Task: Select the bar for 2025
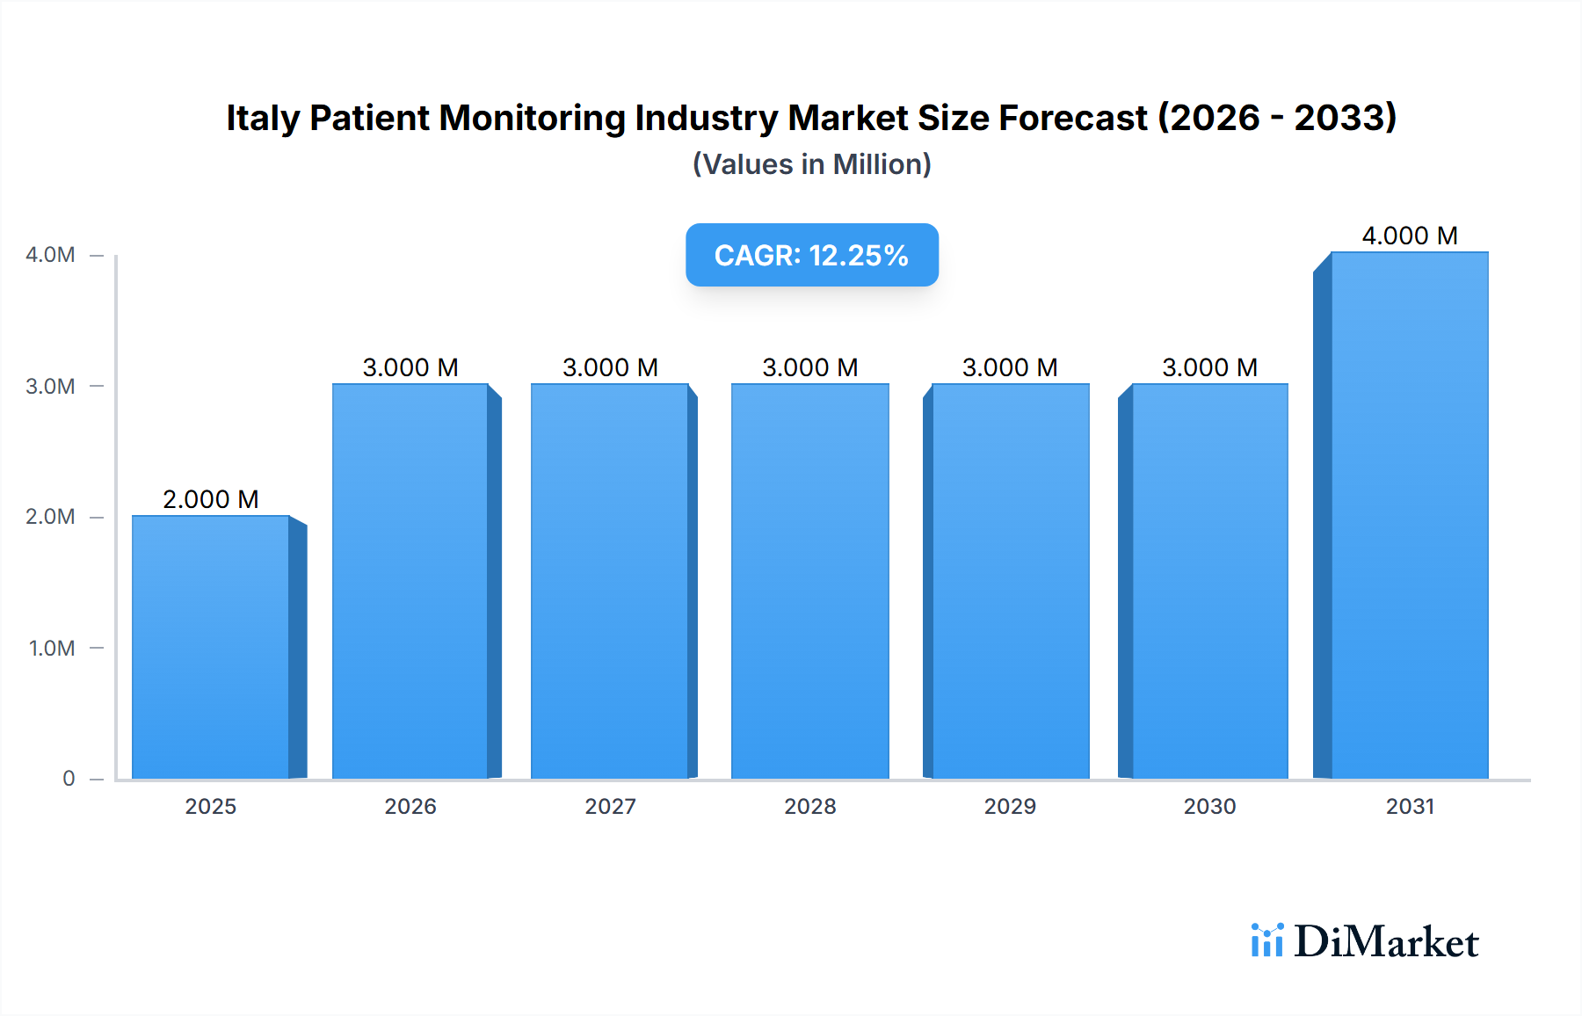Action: coord(211,647)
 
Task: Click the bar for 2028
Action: coord(809,581)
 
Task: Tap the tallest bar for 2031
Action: coord(1409,515)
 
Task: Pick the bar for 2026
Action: coord(410,581)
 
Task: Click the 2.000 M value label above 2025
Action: coord(211,499)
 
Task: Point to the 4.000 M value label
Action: coord(1409,236)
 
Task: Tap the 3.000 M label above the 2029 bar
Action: coord(1010,367)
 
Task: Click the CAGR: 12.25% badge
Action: coord(811,255)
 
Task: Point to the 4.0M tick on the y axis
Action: coord(50,255)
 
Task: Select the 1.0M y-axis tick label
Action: coord(52,649)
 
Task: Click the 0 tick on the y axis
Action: coord(69,779)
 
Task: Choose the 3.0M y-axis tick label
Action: coord(50,387)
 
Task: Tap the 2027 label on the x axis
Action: coord(610,807)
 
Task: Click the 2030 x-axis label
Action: coord(1209,807)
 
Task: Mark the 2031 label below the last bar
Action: coord(1410,807)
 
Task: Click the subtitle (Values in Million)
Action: coord(811,164)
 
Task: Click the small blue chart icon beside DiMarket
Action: coord(1266,940)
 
